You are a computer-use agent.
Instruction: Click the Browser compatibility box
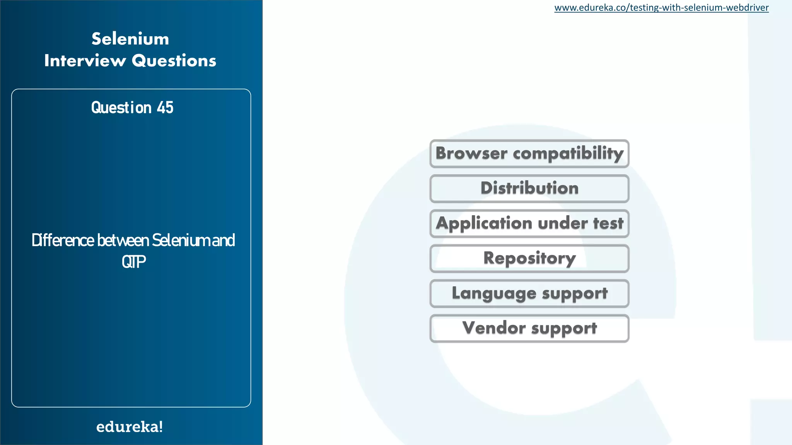(x=529, y=153)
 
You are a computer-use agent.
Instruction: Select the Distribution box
(x=529, y=189)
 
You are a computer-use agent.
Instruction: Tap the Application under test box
(x=529, y=224)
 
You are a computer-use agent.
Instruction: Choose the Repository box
(x=529, y=258)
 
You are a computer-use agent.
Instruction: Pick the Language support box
(x=529, y=294)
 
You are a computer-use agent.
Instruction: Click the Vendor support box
(x=529, y=328)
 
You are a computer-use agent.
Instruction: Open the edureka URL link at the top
(x=661, y=8)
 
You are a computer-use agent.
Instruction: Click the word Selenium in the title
(x=130, y=39)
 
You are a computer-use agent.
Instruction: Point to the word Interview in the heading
(x=85, y=61)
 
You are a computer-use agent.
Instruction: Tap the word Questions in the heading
(x=174, y=61)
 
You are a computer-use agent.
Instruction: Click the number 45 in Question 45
(x=165, y=108)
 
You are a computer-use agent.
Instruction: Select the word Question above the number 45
(x=121, y=108)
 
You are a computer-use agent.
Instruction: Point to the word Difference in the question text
(x=63, y=241)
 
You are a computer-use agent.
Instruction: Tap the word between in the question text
(x=123, y=241)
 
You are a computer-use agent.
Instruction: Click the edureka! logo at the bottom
(x=130, y=427)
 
